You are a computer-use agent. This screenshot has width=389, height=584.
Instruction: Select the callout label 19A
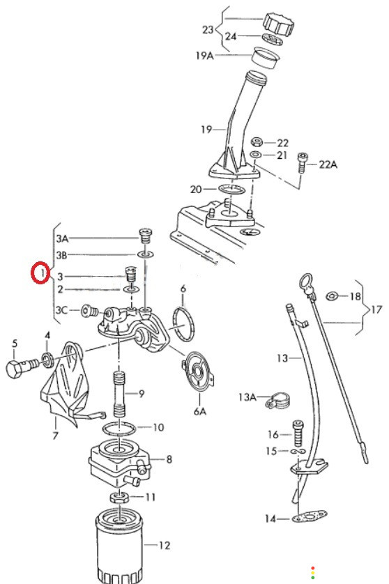[x=204, y=56]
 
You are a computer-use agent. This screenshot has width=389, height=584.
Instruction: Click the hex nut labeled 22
[x=257, y=141]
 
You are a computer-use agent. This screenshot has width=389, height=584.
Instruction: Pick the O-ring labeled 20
[x=231, y=189]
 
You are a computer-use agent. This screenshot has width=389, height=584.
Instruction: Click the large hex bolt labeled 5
[x=22, y=367]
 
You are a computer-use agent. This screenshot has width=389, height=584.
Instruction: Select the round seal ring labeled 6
[x=184, y=323]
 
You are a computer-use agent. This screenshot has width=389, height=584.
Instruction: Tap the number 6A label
[x=199, y=410]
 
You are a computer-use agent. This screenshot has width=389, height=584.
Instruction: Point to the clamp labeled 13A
[x=278, y=400]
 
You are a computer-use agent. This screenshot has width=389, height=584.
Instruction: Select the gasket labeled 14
[x=309, y=516]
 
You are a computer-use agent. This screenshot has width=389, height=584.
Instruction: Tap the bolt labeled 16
[x=298, y=433]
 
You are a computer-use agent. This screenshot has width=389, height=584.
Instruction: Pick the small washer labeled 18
[x=332, y=296]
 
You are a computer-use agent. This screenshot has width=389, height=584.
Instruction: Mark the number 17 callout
[x=376, y=309]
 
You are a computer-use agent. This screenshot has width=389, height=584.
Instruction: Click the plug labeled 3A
[x=146, y=236]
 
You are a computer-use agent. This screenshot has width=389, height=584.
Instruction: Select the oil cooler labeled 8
[x=119, y=463]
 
